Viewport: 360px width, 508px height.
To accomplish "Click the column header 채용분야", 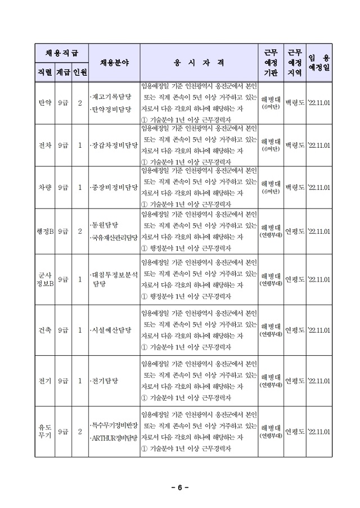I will point(114,62).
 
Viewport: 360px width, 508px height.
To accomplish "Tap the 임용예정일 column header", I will point(319,62).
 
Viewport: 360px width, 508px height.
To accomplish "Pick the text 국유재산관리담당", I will point(114,238).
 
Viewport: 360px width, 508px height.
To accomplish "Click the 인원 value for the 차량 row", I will point(80,188).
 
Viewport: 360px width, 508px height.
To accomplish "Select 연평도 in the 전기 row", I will point(294,381).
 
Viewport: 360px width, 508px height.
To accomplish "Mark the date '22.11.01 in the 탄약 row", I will point(319,104).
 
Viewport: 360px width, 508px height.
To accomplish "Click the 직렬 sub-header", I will point(44,72).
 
